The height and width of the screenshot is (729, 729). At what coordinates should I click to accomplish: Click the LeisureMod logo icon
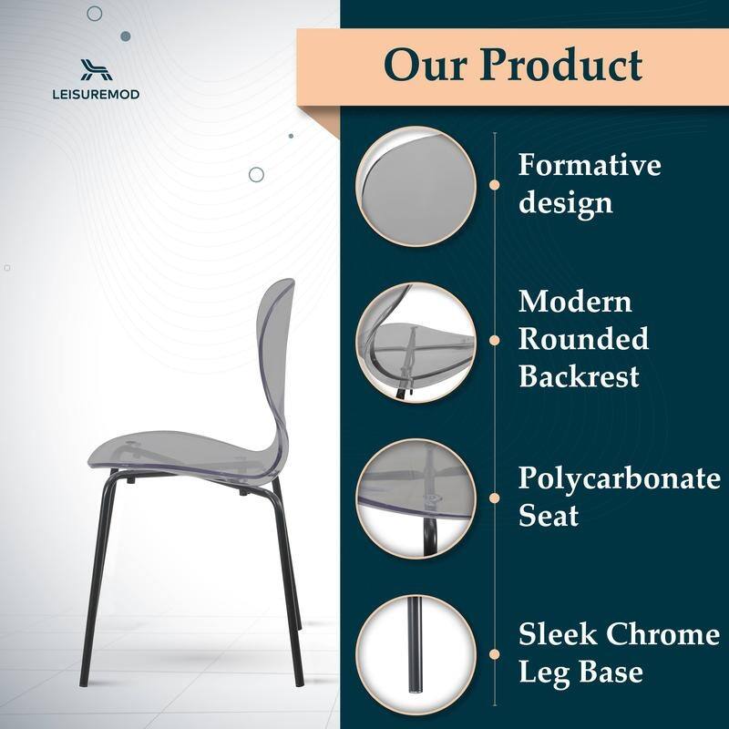(x=94, y=70)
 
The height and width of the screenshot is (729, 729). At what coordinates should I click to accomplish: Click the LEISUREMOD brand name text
(x=94, y=93)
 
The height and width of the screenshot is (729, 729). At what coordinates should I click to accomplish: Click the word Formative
(x=590, y=166)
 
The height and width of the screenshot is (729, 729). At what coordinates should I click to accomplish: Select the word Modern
(x=575, y=301)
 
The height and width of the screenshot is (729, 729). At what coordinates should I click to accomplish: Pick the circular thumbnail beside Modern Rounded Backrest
(x=416, y=339)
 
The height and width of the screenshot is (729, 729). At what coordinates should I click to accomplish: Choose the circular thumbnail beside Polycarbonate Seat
(x=416, y=497)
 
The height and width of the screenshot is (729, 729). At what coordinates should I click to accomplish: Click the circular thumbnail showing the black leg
(x=416, y=652)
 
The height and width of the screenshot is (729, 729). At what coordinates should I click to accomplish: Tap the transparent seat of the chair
(x=173, y=456)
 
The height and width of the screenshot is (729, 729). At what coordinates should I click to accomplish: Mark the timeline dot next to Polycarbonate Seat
(x=494, y=498)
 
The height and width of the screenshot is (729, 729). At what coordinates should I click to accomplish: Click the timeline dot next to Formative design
(x=494, y=184)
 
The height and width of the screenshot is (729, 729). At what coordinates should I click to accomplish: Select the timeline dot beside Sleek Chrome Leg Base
(x=494, y=653)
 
